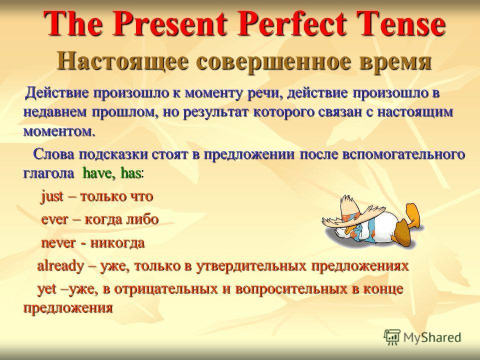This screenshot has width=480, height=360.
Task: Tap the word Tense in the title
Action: pos(400,23)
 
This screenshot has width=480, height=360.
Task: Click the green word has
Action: pos(131,173)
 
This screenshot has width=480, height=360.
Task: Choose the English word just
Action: pos(52,196)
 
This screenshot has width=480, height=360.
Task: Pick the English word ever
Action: pos(54,220)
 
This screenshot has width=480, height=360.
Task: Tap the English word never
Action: pos(58,243)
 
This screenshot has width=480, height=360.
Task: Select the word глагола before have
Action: pos(48,174)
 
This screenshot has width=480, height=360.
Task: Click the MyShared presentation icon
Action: pos(392,337)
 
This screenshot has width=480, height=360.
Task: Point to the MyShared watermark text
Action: pos(432,338)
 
